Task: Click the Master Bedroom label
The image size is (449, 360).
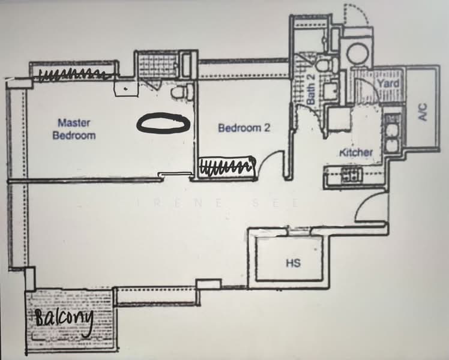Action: pyautogui.click(x=74, y=129)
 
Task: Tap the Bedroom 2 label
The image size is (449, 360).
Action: pyautogui.click(x=244, y=128)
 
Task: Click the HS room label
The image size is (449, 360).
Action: pyautogui.click(x=293, y=263)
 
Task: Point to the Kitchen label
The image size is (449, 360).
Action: pyautogui.click(x=356, y=152)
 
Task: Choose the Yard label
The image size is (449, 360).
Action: pyautogui.click(x=388, y=83)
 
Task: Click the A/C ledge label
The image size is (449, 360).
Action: pyautogui.click(x=423, y=112)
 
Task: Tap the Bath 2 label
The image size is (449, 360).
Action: pyautogui.click(x=310, y=89)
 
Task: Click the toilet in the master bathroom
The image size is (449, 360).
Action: pyautogui.click(x=181, y=91)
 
